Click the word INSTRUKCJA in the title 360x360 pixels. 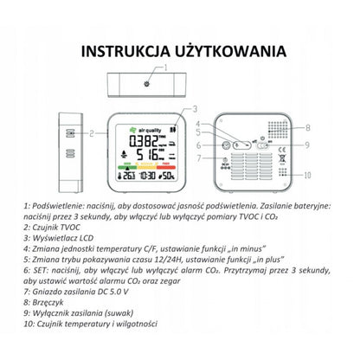click(x=122, y=50)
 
